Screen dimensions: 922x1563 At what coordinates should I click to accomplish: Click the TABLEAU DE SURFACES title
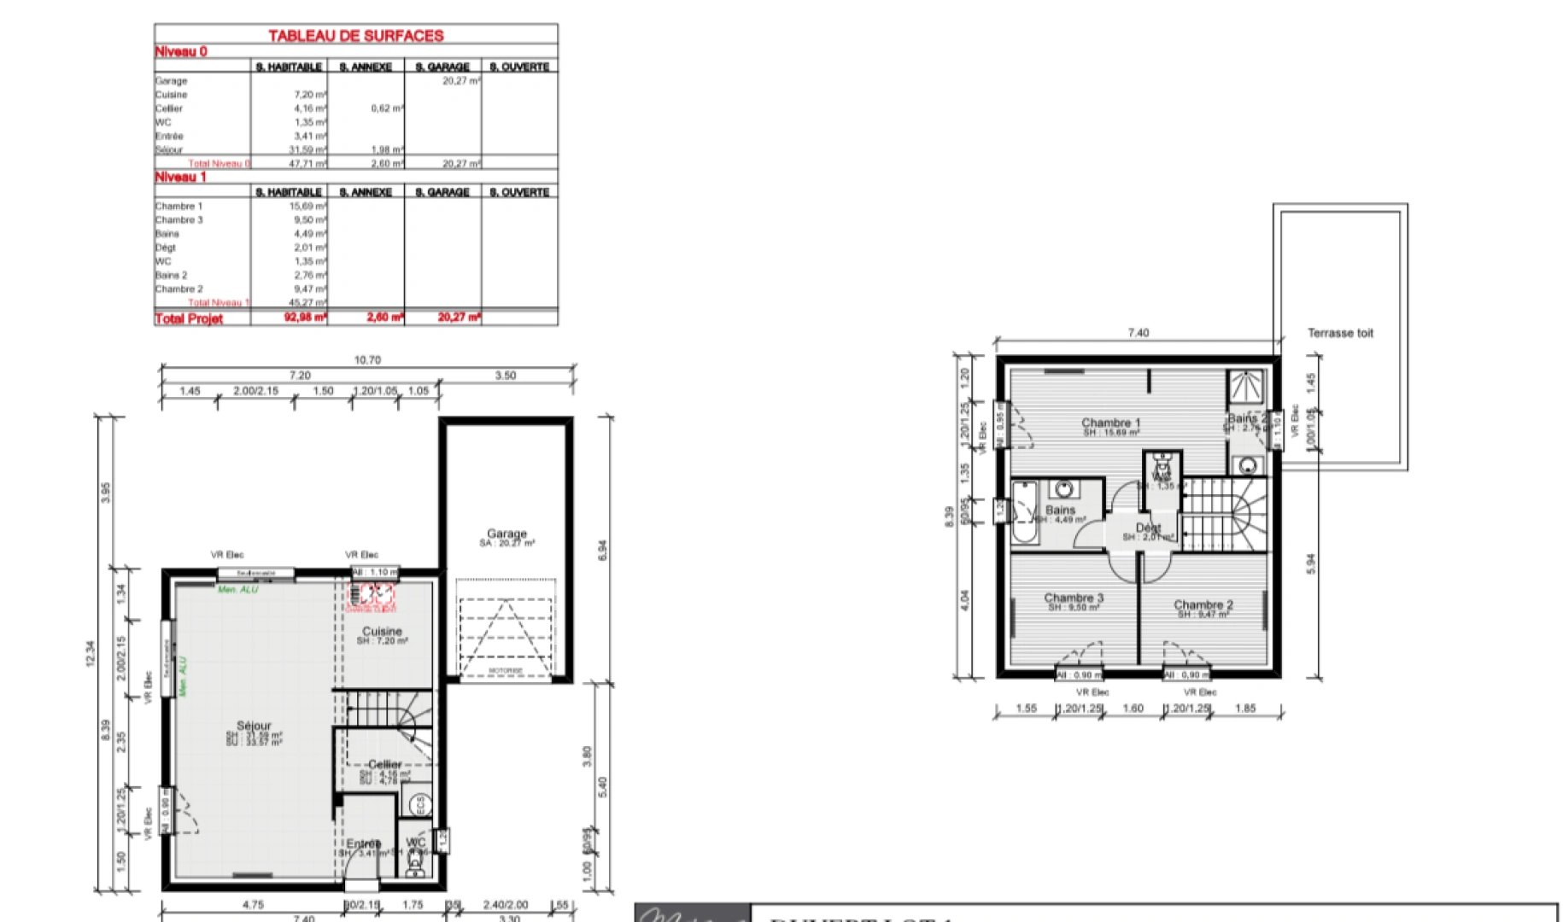(355, 36)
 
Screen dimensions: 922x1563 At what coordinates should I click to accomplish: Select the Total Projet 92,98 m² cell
(304, 318)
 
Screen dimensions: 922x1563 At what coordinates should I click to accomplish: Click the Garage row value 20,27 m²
(461, 80)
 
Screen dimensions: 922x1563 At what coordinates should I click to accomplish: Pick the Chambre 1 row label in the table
(179, 206)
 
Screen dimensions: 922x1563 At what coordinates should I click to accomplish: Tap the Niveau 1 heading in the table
(180, 177)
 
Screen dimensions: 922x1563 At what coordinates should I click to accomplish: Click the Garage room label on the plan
(506, 534)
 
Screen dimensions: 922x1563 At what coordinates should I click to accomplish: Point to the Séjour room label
(254, 726)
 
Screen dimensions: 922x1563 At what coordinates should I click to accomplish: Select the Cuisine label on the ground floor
(382, 632)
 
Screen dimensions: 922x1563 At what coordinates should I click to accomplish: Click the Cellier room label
(385, 765)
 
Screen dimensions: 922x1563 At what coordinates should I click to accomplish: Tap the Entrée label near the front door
(363, 843)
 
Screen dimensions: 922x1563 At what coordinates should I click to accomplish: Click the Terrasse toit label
(1340, 333)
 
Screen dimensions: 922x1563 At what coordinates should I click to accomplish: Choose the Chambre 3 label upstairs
(1074, 598)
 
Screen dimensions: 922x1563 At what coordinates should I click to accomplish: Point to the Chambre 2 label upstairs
(1203, 604)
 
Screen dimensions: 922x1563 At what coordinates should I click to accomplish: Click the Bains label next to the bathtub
(1060, 510)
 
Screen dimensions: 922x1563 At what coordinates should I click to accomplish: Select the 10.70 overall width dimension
(367, 360)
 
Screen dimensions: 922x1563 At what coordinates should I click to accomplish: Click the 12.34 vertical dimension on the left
(91, 653)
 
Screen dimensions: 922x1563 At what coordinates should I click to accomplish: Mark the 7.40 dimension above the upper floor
(1138, 333)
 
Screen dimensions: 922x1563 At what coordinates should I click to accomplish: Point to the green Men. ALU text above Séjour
(237, 590)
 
